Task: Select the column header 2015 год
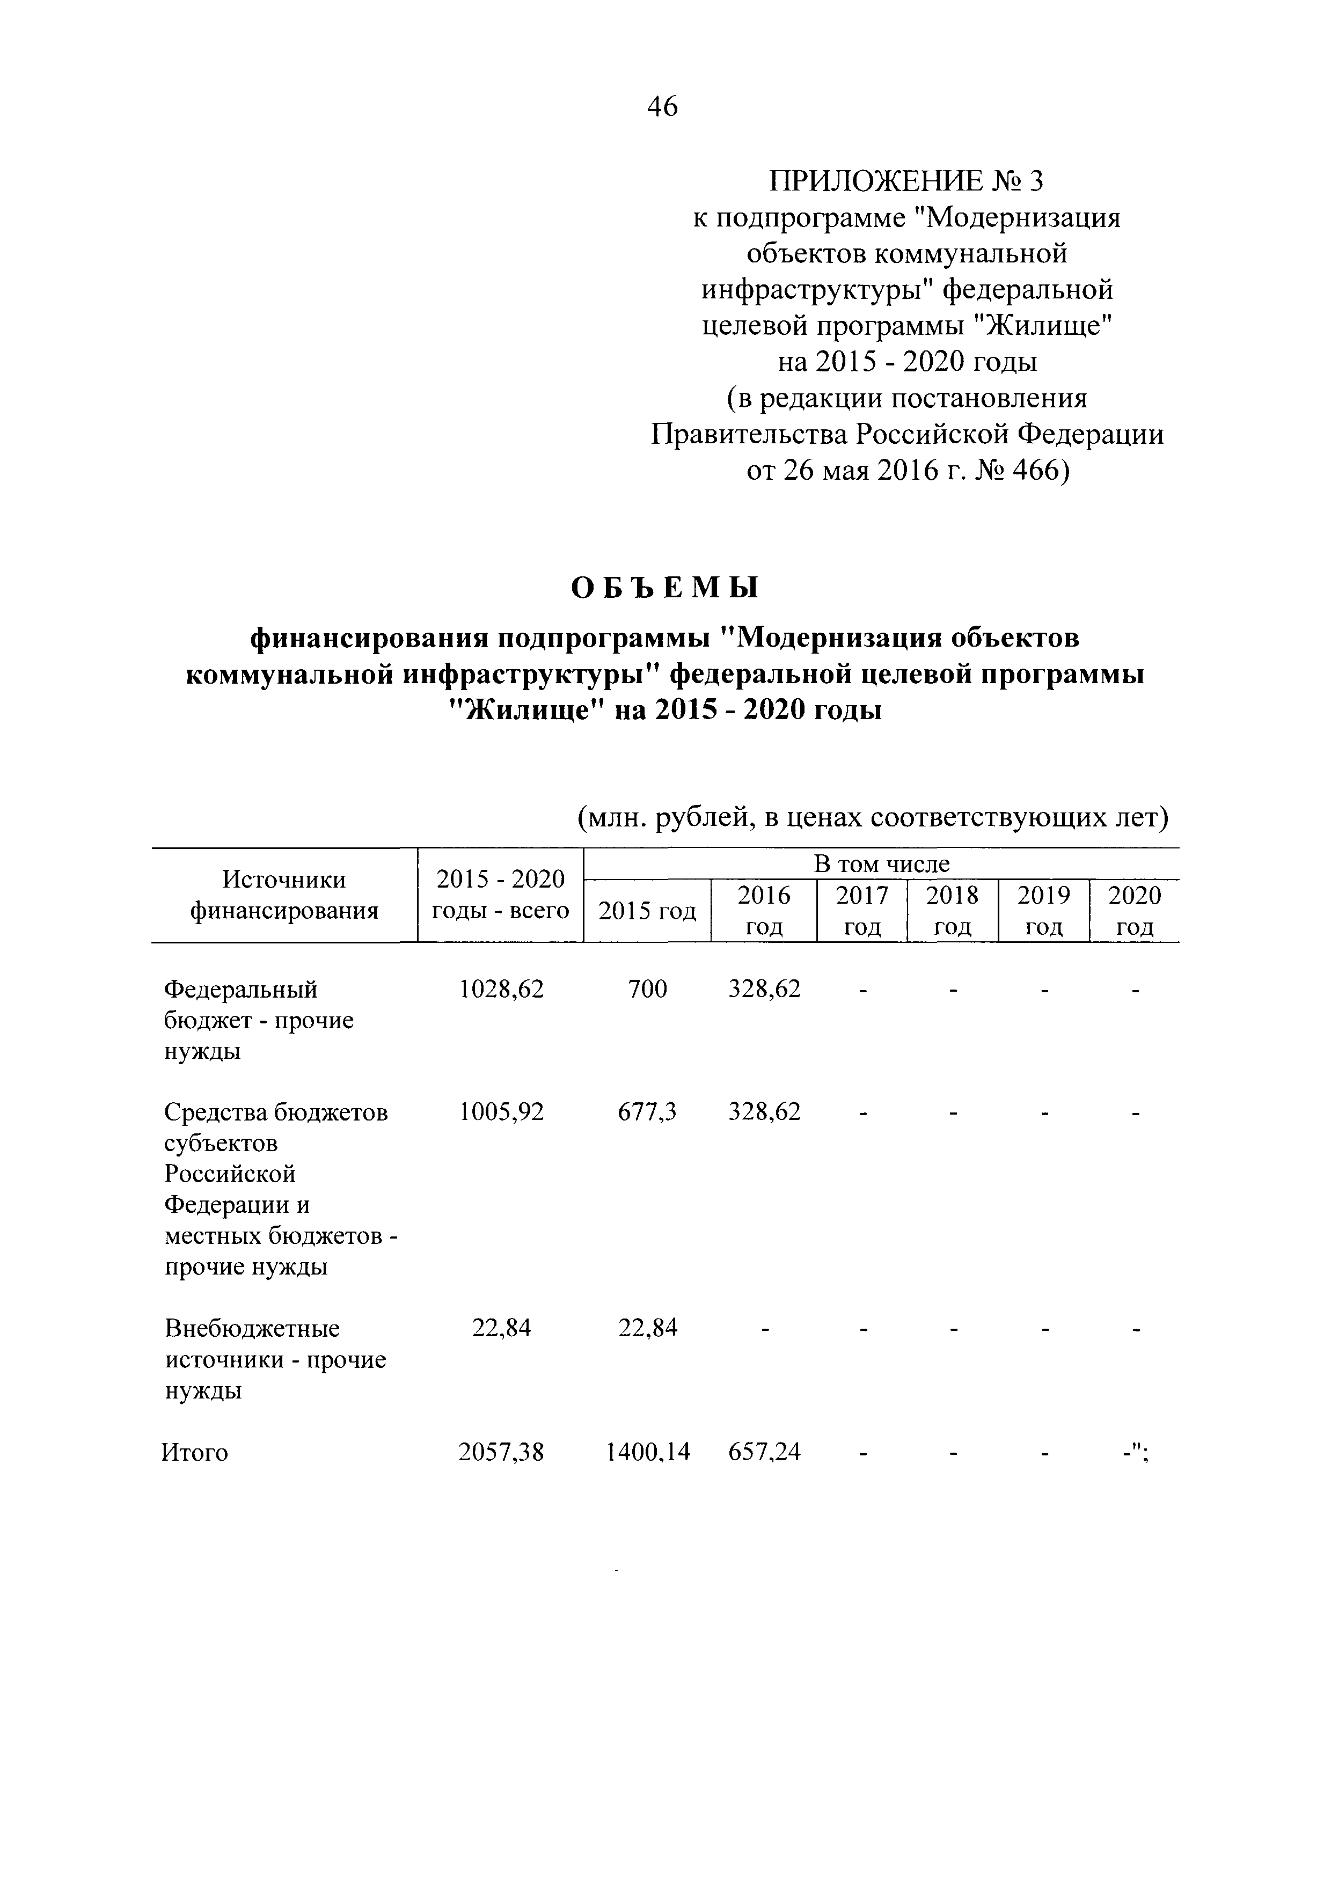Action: tap(647, 911)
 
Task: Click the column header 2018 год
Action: tap(952, 911)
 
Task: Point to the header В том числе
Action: tap(881, 864)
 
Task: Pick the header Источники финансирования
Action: tap(284, 895)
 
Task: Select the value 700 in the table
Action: tap(647, 990)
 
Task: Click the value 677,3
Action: tap(647, 1112)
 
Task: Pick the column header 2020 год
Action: tap(1134, 911)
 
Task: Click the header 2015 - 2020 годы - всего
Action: tap(500, 895)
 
